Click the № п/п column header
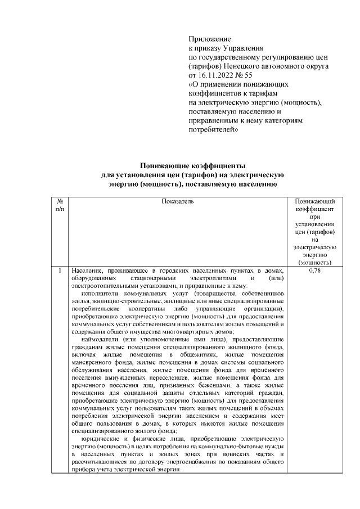point(60,205)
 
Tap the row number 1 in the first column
point(60,271)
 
